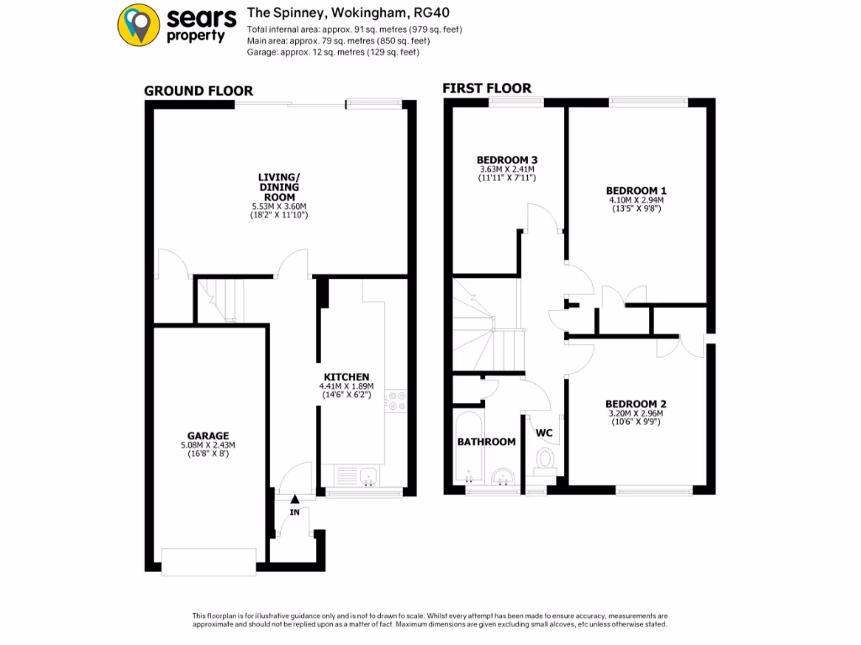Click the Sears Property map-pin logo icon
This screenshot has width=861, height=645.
(x=140, y=24)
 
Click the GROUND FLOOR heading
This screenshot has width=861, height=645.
(x=198, y=91)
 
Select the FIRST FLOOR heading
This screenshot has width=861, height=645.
(x=487, y=88)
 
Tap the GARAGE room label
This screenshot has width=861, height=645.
(x=208, y=436)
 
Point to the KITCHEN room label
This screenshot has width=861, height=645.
(x=347, y=376)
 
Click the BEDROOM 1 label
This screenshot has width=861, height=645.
(x=637, y=191)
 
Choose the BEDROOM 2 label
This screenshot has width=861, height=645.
(x=636, y=404)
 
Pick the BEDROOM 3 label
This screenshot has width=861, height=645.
(x=507, y=160)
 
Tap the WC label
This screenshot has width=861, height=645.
(x=545, y=433)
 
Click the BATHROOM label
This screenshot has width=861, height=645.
(x=486, y=442)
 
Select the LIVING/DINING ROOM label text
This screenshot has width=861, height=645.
(x=280, y=186)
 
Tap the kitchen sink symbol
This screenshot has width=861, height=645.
(x=367, y=478)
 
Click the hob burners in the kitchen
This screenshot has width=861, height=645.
(x=397, y=401)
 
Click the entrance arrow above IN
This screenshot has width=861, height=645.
(x=294, y=500)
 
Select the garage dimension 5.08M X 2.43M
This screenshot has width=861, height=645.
(x=208, y=445)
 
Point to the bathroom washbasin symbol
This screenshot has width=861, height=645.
(x=502, y=477)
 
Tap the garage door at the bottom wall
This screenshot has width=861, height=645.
(x=209, y=562)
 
